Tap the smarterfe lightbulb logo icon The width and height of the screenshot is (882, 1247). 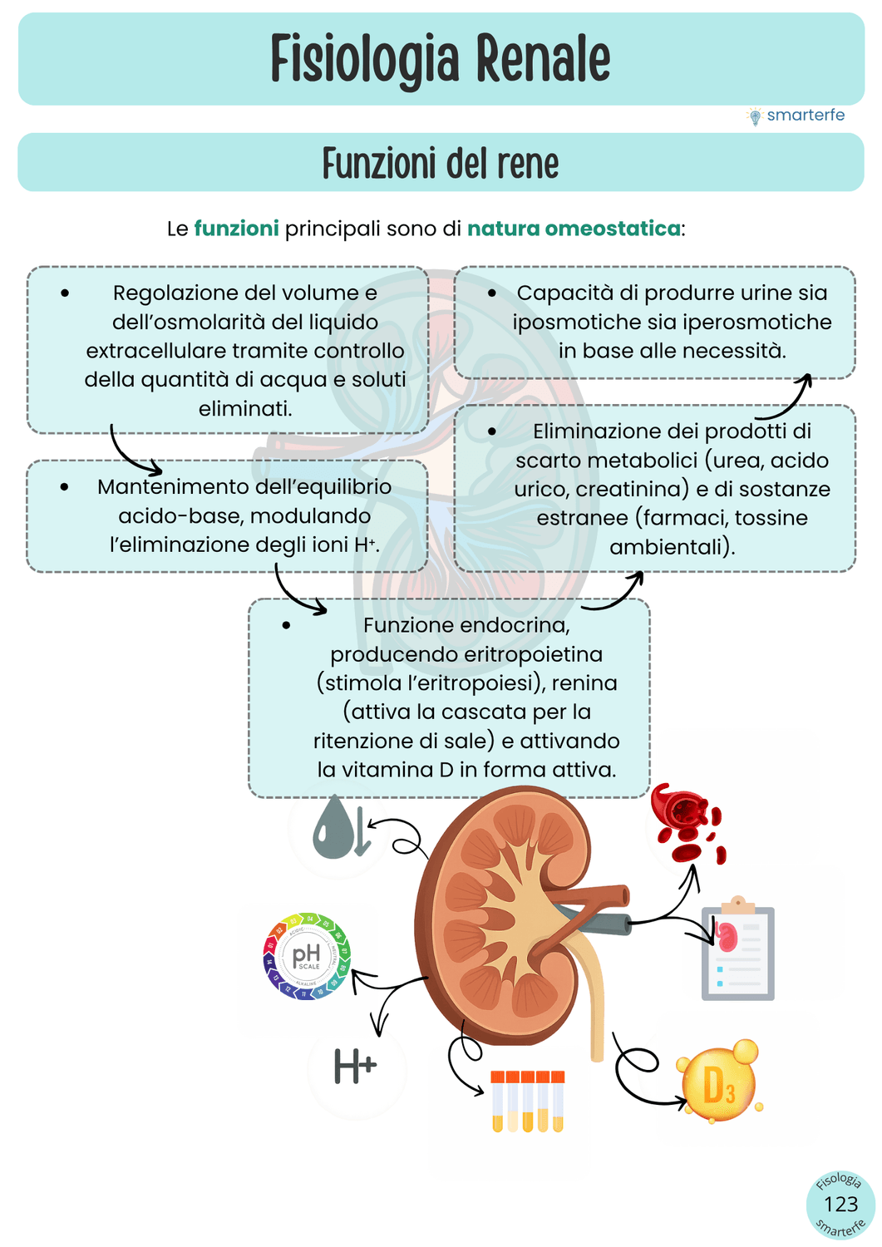click(755, 116)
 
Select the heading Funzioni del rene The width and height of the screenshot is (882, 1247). click(441, 163)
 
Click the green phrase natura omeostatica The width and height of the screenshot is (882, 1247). click(574, 229)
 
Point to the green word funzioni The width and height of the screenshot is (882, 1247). click(236, 229)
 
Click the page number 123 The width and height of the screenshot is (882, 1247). click(840, 1205)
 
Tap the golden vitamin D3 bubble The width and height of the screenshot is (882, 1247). click(718, 1083)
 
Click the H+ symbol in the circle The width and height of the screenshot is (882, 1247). click(355, 1067)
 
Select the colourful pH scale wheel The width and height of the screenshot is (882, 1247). click(307, 956)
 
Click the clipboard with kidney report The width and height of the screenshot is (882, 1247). click(738, 951)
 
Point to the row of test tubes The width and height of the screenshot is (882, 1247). click(527, 1102)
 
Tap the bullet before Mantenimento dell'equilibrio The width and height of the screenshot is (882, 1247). click(65, 487)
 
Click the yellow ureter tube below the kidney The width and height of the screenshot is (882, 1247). click(595, 1006)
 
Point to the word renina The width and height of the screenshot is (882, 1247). click(584, 683)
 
